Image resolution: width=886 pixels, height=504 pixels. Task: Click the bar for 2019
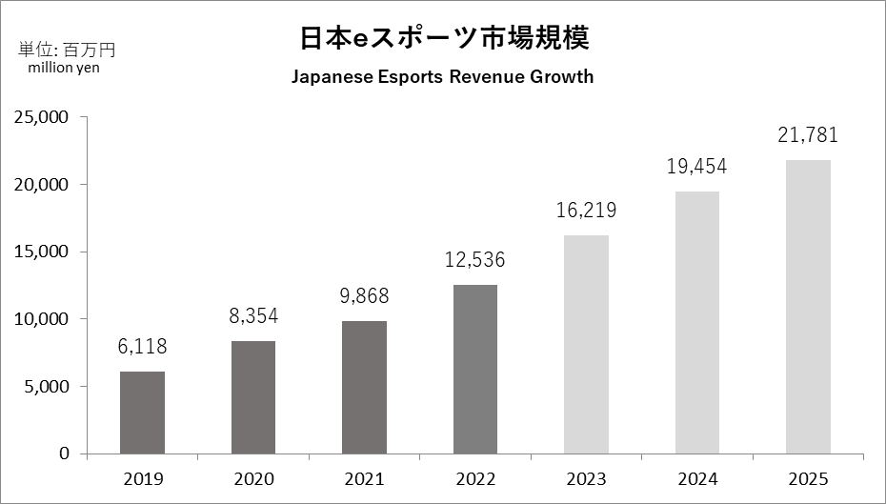tap(142, 413)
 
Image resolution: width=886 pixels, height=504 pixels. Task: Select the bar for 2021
tap(364, 387)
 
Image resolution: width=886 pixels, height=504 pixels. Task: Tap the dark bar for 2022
tap(474, 369)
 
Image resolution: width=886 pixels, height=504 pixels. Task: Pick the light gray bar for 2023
tap(586, 344)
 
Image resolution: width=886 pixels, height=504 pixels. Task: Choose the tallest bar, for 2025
tap(808, 307)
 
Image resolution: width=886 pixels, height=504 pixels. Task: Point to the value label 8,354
tap(253, 316)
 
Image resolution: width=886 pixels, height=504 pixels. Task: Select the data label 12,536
tap(474, 259)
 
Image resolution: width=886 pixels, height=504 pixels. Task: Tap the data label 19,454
tap(696, 167)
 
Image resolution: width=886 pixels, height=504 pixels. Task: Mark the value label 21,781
tap(808, 135)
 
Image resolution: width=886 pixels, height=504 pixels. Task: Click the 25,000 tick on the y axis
tap(41, 117)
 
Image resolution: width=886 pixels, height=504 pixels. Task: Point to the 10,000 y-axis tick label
tap(41, 319)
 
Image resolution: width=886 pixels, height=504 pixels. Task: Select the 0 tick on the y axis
tap(65, 454)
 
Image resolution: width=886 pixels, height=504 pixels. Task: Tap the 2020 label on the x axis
tap(253, 478)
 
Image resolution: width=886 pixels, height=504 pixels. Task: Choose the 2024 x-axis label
tap(696, 478)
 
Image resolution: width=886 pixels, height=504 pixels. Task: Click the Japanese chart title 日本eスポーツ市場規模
tap(442, 38)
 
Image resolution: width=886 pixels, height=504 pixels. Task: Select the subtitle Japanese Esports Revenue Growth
tap(442, 77)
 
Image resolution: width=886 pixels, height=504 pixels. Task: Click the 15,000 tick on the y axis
tap(41, 252)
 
